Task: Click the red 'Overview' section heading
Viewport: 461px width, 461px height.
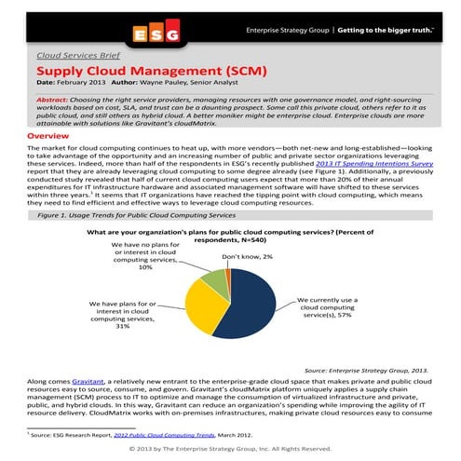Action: point(48,136)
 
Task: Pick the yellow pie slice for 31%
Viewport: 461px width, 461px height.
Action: point(203,307)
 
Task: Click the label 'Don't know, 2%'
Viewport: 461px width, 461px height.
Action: point(247,256)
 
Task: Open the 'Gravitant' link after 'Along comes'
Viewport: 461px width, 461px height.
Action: point(88,382)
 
